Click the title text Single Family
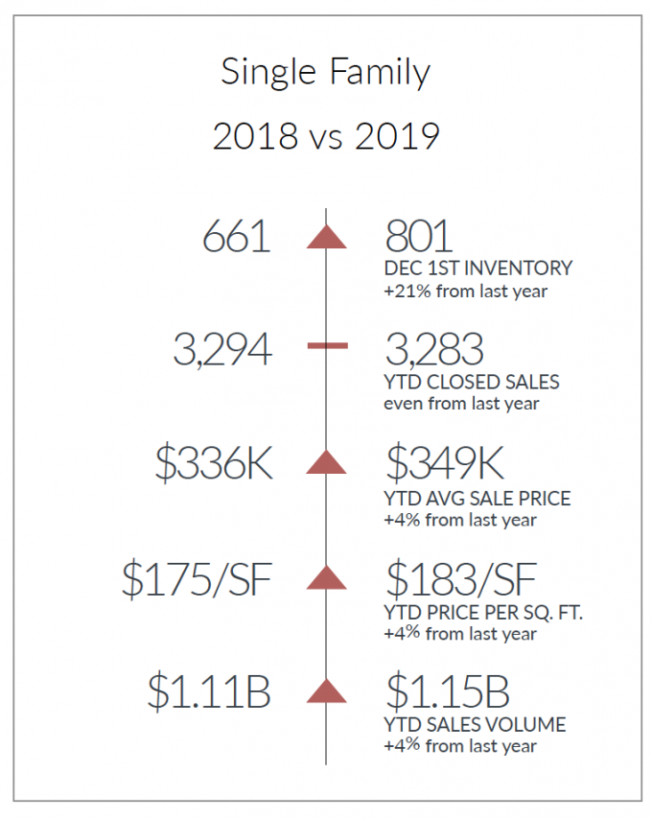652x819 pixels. pyautogui.click(x=325, y=72)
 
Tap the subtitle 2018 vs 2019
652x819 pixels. pyautogui.click(x=326, y=136)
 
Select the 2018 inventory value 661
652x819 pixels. pyautogui.click(x=237, y=237)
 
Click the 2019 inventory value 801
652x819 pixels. pyautogui.click(x=419, y=237)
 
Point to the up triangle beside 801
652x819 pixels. pyautogui.click(x=326, y=237)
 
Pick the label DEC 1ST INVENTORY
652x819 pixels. pyautogui.click(x=478, y=269)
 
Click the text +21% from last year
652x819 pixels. pyautogui.click(x=466, y=291)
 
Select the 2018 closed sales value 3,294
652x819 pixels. pyautogui.click(x=222, y=349)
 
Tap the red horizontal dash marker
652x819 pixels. pyautogui.click(x=327, y=345)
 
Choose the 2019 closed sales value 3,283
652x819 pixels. pyautogui.click(x=434, y=349)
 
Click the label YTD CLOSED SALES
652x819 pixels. pyautogui.click(x=472, y=383)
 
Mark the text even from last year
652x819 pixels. pyautogui.click(x=461, y=404)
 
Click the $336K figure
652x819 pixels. pyautogui.click(x=214, y=463)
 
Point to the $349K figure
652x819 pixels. pyautogui.click(x=445, y=463)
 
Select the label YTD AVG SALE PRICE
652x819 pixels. pyautogui.click(x=477, y=499)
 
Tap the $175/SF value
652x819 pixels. pyautogui.click(x=198, y=579)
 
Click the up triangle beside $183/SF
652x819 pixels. pyautogui.click(x=326, y=577)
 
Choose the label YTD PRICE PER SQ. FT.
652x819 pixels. pyautogui.click(x=483, y=613)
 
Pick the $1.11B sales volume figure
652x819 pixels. pyautogui.click(x=209, y=691)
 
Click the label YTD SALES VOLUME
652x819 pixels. pyautogui.click(x=475, y=725)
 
